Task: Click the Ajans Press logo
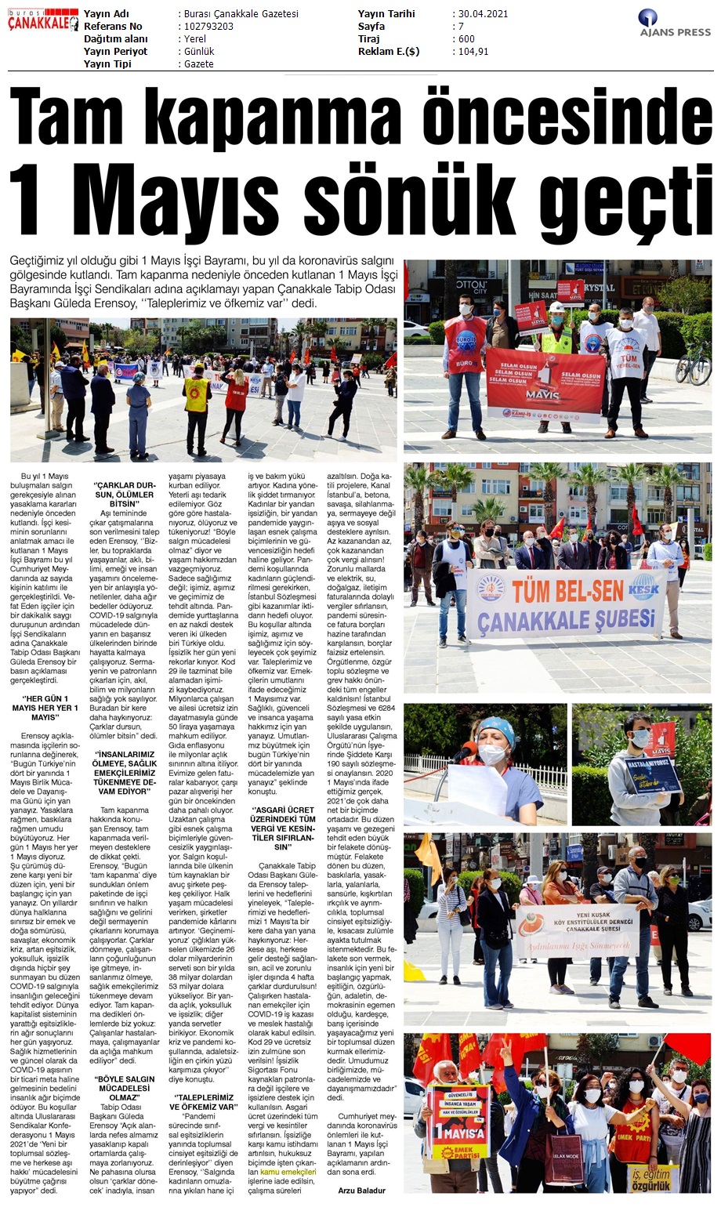pyautogui.click(x=674, y=23)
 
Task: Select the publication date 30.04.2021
pyautogui.click(x=484, y=14)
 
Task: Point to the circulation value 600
pyautogui.click(x=466, y=39)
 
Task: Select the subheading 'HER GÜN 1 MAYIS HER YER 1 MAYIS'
pyautogui.click(x=45, y=708)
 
